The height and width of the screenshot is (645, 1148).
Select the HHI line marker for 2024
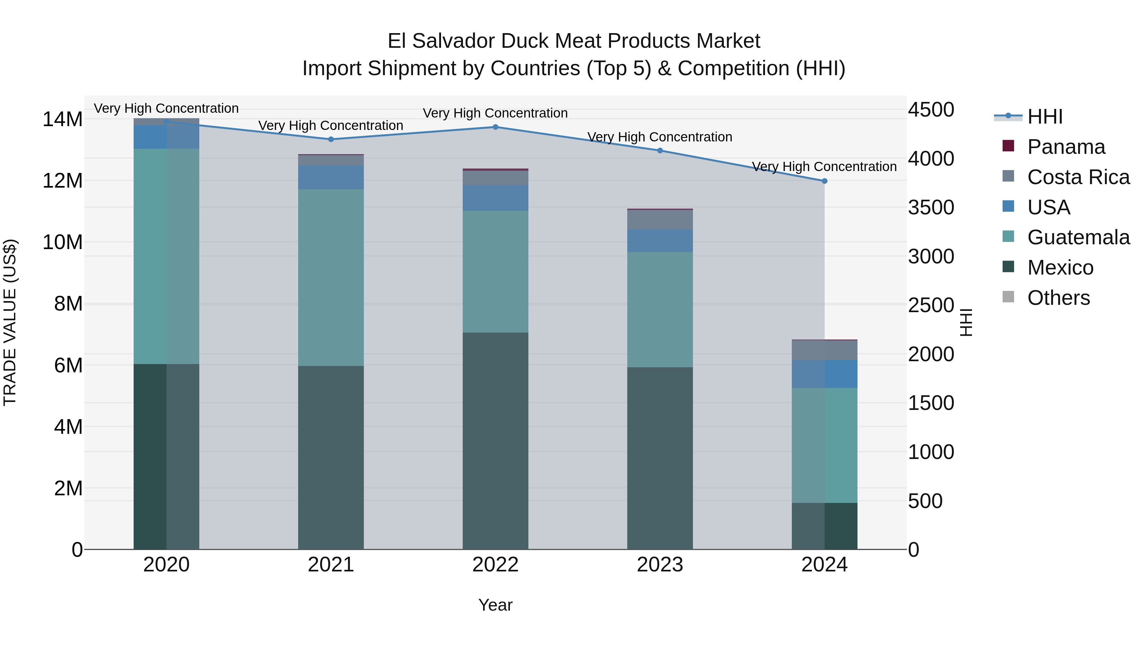tap(824, 181)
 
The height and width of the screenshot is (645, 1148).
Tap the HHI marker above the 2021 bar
tap(331, 139)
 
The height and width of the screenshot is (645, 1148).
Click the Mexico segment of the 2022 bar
tap(495, 441)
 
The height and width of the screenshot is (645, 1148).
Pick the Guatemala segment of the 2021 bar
tap(331, 277)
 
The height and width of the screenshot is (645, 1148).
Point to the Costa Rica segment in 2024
tap(824, 350)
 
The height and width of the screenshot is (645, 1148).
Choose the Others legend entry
tap(1058, 298)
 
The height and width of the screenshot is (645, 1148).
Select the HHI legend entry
tap(1045, 117)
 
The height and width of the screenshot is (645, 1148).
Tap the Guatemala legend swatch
tap(1008, 236)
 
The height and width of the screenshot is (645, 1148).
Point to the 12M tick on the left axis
tap(63, 181)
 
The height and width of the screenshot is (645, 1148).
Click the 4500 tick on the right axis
tap(931, 110)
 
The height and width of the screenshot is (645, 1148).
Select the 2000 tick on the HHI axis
tap(931, 354)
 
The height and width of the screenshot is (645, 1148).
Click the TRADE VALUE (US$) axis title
tap(10, 322)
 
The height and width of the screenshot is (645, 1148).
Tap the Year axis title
tap(495, 605)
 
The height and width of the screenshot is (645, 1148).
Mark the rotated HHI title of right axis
tap(965, 322)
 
